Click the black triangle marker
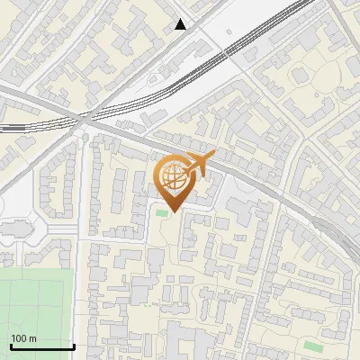tap(181, 24)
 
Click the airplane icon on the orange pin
tap(199, 164)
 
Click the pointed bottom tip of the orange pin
tap(175, 211)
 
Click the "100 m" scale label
tap(23, 338)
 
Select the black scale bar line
tap(42, 346)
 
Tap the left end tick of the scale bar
tap(11, 346)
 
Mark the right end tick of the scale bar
tap(74, 346)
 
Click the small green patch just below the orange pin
tap(162, 212)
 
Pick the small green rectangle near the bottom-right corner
tap(312, 346)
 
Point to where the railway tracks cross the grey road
tap(84, 118)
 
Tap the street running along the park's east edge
tap(81, 297)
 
